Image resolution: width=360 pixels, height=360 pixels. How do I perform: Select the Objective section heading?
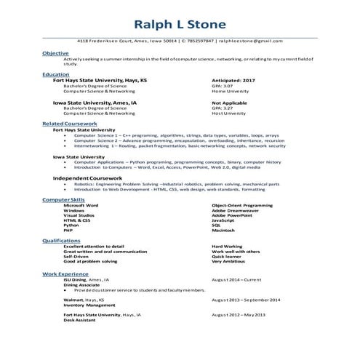pos(56,53)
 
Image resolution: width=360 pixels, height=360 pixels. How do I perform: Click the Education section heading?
pos(56,74)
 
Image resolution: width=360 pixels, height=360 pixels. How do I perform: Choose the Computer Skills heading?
pos(63,199)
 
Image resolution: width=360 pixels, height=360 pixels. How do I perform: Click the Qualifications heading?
pos(62,240)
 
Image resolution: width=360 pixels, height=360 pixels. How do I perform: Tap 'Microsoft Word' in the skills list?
pos(81,205)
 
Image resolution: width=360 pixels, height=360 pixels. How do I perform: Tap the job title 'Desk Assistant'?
pos(79,320)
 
